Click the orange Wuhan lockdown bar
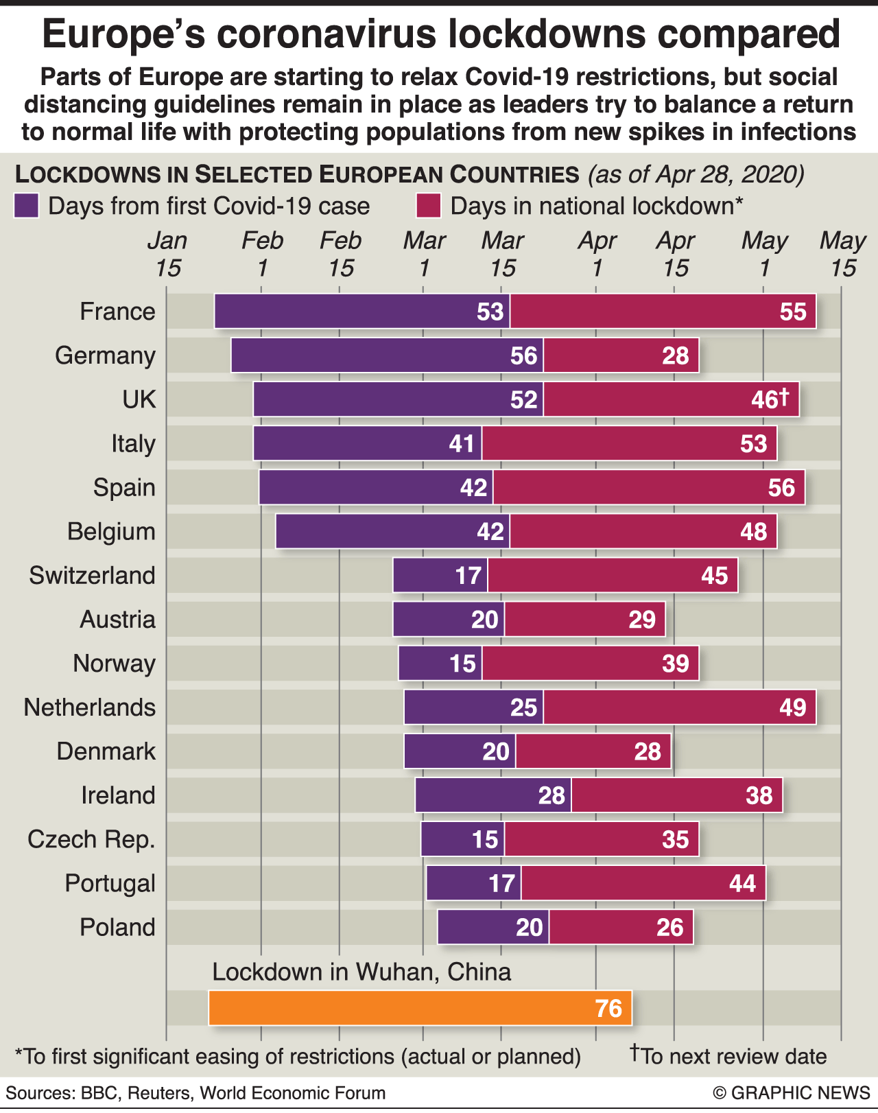[420, 1008]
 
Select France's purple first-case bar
[361, 312]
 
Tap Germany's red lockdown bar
[621, 355]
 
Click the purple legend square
[26, 206]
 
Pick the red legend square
[428, 206]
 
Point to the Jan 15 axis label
[167, 254]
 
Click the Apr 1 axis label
[597, 254]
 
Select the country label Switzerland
[92, 575]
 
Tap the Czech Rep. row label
[91, 839]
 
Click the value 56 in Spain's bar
[781, 488]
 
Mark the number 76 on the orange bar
[608, 1009]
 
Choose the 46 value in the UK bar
[769, 399]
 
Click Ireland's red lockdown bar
[676, 795]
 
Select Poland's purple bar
[493, 927]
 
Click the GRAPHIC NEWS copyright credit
[791, 1093]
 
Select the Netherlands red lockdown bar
[679, 707]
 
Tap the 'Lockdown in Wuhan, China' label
[361, 972]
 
